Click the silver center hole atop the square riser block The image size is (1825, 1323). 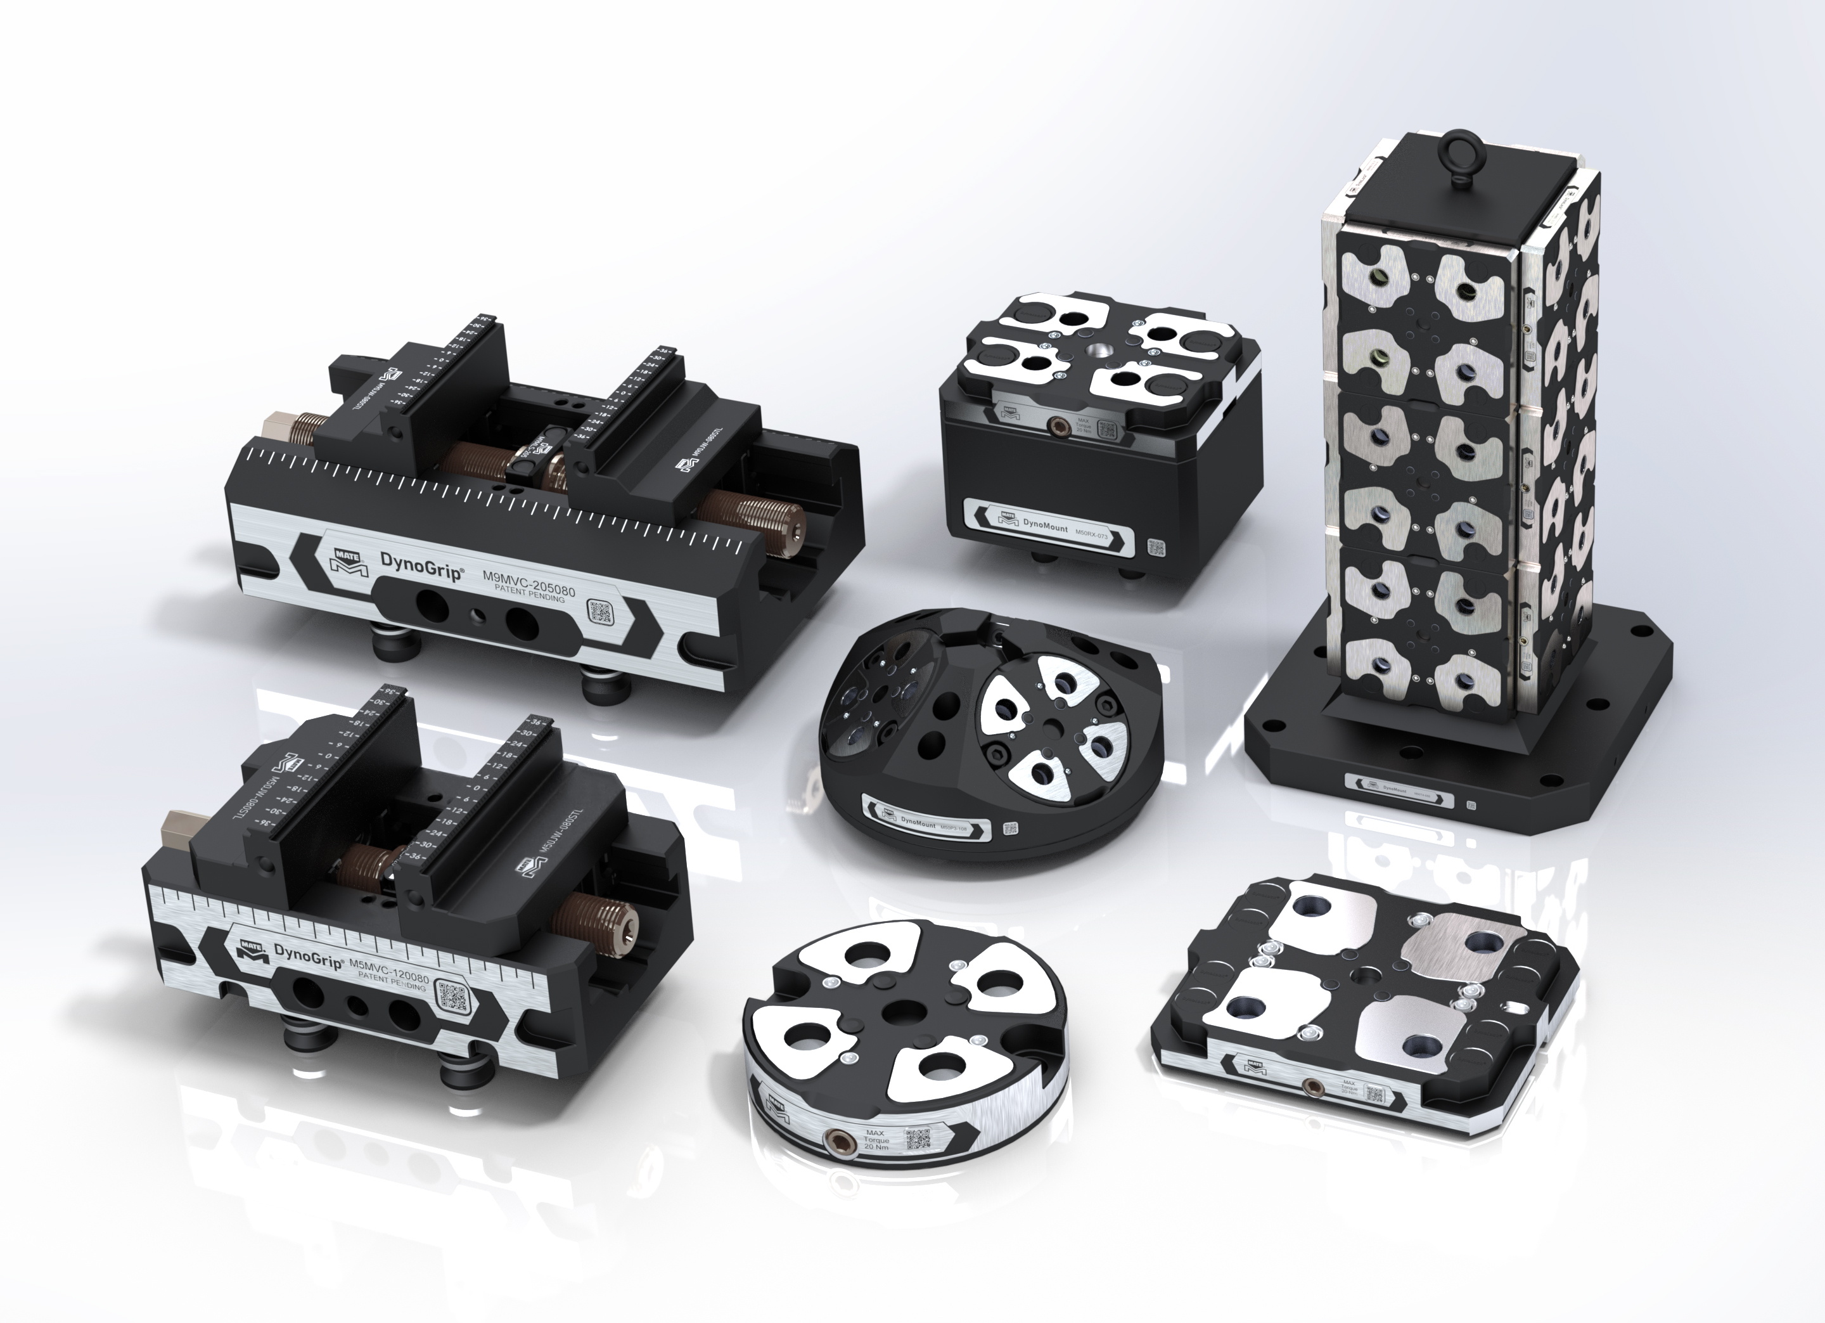tap(1098, 352)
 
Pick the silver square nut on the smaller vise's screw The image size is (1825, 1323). tap(176, 830)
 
